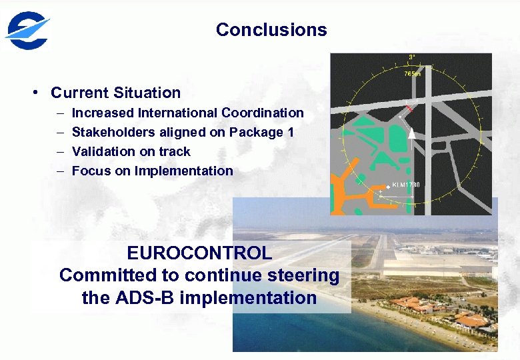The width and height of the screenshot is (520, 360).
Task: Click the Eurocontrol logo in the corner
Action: [x=27, y=31]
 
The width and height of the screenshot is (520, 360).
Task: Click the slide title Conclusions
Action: [x=271, y=30]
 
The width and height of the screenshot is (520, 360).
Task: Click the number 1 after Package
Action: [x=290, y=133]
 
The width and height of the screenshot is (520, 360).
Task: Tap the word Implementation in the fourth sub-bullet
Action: [x=183, y=171]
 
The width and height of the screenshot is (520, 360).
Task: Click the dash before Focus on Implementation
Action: [x=59, y=171]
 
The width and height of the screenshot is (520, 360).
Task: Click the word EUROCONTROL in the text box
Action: [x=199, y=253]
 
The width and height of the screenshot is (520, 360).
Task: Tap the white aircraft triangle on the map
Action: [x=412, y=133]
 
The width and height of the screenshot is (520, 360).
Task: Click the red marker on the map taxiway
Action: [x=409, y=108]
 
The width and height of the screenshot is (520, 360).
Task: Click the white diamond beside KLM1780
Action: [x=387, y=187]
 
